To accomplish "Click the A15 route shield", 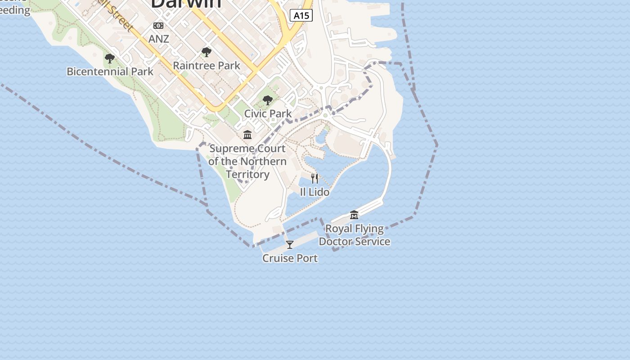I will [x=301, y=15].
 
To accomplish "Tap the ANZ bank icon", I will [x=158, y=26].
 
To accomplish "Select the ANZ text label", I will [x=158, y=39].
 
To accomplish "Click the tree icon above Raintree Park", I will [x=207, y=52].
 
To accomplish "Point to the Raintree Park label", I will [x=207, y=65].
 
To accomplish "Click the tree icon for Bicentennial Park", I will [x=109, y=58].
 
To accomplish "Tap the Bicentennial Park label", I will [x=110, y=71].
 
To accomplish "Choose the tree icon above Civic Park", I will [x=268, y=100].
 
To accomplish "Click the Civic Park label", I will [x=268, y=113].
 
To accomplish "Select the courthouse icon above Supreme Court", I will [x=247, y=135].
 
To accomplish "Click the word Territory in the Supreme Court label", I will [x=247, y=174].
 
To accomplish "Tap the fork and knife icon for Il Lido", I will [x=315, y=179].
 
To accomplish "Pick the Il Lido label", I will [x=315, y=192].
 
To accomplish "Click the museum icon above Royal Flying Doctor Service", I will [x=354, y=215].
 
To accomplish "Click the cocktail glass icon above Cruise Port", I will [x=290, y=245].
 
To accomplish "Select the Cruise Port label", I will [x=290, y=258].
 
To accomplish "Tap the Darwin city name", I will [x=186, y=4].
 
